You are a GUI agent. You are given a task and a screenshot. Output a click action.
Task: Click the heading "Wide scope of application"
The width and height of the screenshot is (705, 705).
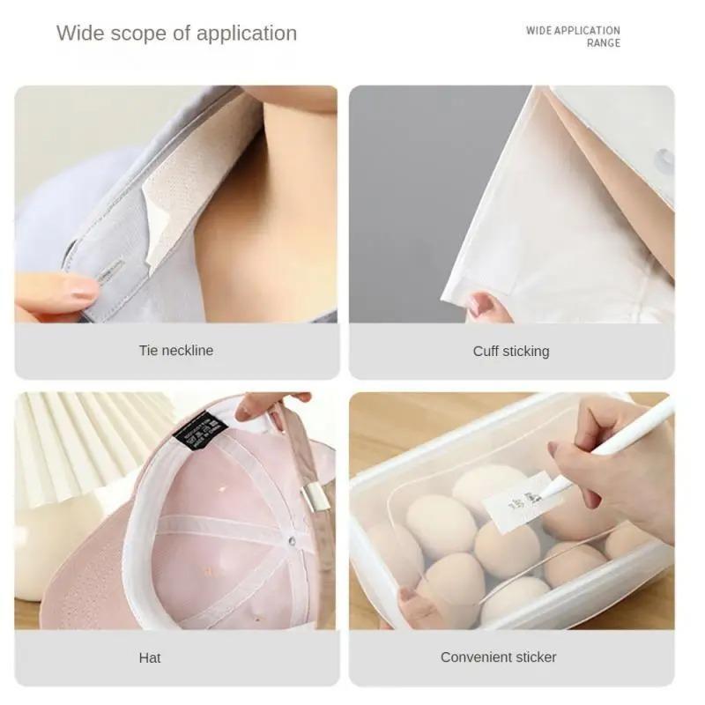[x=176, y=33]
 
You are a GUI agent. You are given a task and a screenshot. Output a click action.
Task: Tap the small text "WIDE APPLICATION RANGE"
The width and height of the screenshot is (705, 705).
[x=573, y=36]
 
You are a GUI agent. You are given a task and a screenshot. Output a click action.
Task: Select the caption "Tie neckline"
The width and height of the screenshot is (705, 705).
[x=176, y=350]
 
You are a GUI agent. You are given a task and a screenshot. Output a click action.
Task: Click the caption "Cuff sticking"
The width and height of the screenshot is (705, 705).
[x=511, y=351]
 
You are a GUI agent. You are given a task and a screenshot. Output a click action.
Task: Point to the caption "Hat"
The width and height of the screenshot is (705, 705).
[x=150, y=657]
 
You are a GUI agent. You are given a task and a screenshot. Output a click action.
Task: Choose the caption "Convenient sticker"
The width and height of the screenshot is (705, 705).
[x=499, y=657]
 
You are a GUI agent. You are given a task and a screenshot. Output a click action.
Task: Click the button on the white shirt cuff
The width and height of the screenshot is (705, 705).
[x=664, y=160]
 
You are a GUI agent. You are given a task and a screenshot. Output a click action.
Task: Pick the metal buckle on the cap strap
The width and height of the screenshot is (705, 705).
[x=315, y=496]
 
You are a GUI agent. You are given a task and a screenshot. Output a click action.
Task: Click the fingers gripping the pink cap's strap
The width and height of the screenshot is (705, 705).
[x=264, y=405]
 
